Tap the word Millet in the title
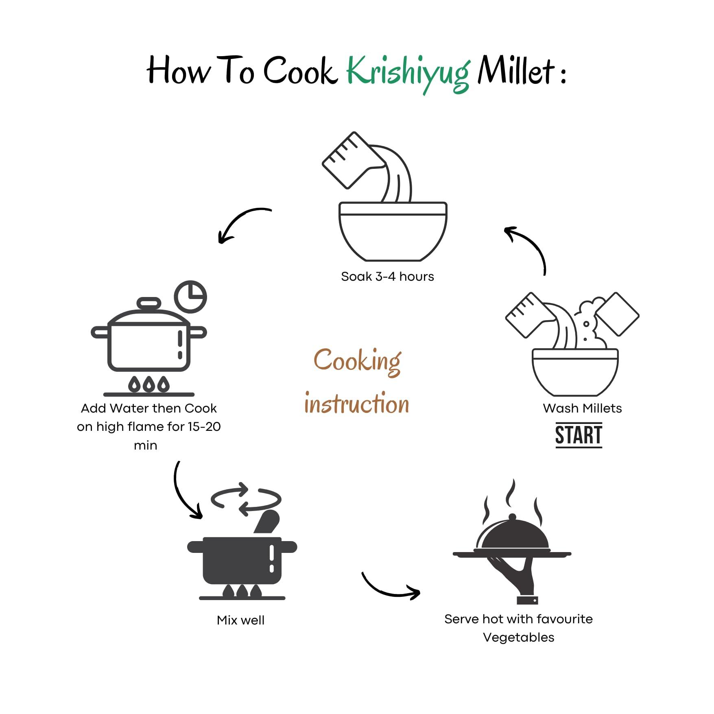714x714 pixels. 516,71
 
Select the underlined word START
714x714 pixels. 579,435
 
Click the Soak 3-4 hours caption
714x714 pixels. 387,277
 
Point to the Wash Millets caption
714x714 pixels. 582,408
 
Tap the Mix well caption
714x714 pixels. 240,620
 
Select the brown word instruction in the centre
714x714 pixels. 357,404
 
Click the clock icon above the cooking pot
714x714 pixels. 190,297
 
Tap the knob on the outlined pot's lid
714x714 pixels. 149,304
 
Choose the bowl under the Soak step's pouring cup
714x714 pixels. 393,231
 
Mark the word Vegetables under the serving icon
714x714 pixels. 518,638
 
